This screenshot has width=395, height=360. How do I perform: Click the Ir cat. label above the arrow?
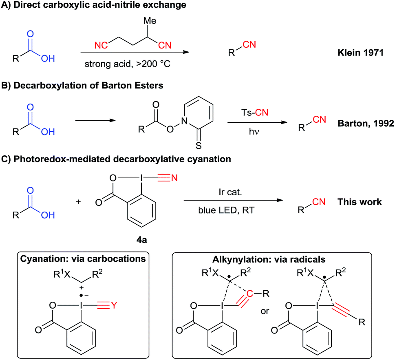tap(233, 191)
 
